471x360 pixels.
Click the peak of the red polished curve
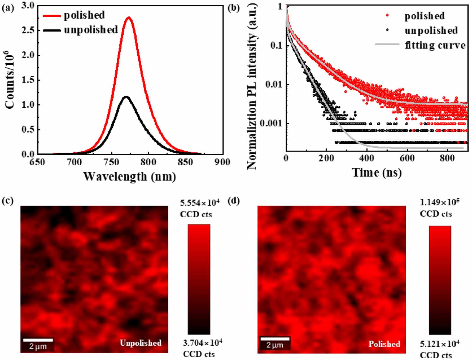[129, 18]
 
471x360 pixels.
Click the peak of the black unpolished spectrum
[126, 97]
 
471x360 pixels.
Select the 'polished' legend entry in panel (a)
[84, 15]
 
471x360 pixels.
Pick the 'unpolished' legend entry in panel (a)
[91, 30]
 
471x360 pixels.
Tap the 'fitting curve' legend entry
[435, 45]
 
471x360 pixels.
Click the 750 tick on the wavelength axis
[112, 162]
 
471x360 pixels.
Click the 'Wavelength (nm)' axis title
[130, 176]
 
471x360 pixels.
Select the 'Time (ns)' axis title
[377, 172]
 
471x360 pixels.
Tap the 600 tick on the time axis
[407, 158]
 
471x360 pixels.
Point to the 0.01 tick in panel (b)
[273, 85]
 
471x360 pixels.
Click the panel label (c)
[7, 201]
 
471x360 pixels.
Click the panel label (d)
[234, 201]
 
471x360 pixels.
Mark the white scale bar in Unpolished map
[38, 340]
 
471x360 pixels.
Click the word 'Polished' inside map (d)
[384, 344]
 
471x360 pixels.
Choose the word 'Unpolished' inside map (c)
[140, 343]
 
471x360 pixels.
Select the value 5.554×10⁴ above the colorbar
[200, 203]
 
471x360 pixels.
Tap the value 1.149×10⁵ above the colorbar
[440, 202]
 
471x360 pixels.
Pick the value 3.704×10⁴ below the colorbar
[202, 343]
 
